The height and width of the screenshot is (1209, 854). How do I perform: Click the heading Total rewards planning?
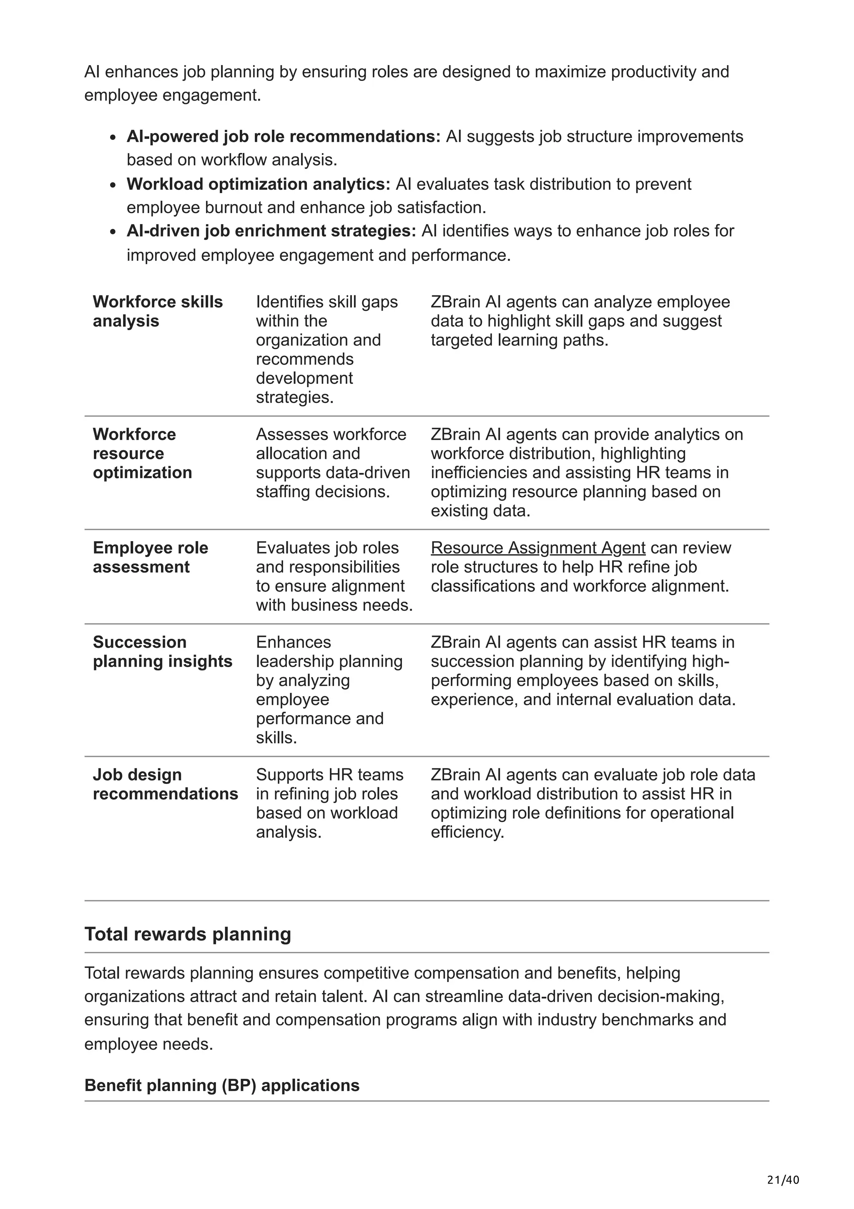[187, 934]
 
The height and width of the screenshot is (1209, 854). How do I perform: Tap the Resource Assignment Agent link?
[538, 548]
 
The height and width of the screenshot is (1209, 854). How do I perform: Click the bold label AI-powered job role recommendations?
[283, 136]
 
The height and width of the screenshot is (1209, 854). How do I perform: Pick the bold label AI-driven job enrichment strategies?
[271, 231]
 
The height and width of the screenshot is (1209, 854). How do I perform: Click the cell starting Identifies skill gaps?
[326, 349]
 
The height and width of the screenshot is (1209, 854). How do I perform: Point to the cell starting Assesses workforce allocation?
[332, 463]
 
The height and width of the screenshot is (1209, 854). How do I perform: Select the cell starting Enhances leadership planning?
[329, 689]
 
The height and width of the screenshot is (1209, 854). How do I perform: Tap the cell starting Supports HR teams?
[329, 803]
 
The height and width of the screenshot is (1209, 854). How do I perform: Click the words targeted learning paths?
[519, 340]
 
